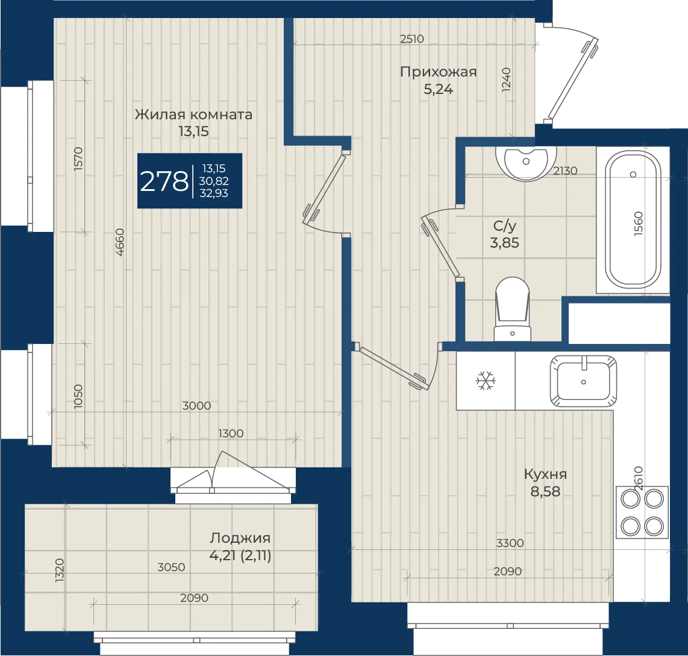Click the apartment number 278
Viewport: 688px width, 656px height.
click(x=164, y=181)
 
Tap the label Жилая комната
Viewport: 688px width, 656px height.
click(x=193, y=114)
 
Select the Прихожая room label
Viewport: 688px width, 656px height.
click(x=439, y=72)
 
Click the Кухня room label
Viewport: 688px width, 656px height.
click(x=545, y=474)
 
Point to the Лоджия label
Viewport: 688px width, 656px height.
click(x=240, y=538)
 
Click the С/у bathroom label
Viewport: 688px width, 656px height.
click(x=505, y=225)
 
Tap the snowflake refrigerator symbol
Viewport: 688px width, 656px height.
click(x=486, y=381)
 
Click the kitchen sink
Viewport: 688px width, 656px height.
click(x=583, y=381)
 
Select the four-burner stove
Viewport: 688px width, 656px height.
click(x=642, y=512)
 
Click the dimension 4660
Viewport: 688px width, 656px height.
click(x=120, y=242)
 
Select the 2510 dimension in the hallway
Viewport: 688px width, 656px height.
click(x=412, y=39)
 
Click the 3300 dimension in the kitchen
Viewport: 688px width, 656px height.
click(x=510, y=543)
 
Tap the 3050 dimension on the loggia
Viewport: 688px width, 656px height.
click(x=171, y=567)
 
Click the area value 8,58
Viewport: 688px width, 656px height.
click(x=545, y=492)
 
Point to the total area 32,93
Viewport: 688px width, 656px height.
click(x=214, y=193)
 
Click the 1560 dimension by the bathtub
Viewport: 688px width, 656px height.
click(x=639, y=223)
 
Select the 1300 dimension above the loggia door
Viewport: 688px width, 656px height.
click(x=231, y=434)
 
